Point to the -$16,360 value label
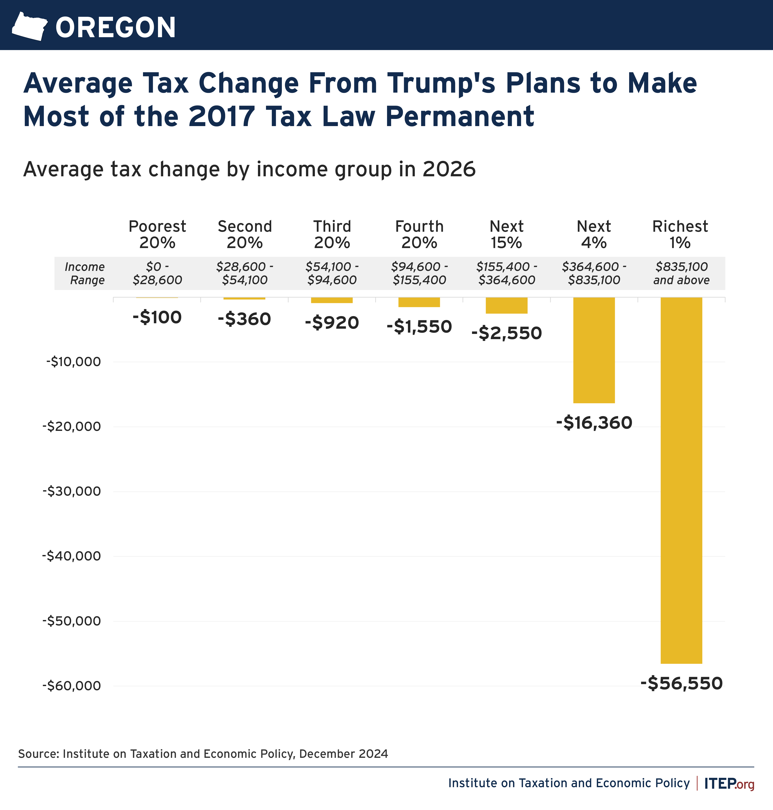coord(594,423)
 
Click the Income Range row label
coord(85,273)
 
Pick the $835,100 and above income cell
coord(681,273)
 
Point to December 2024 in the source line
coord(343,754)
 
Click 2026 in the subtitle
coord(449,169)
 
